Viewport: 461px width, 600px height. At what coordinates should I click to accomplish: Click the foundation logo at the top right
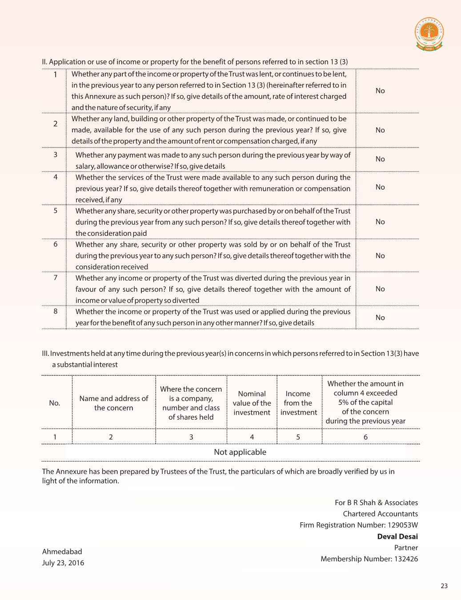point(429,34)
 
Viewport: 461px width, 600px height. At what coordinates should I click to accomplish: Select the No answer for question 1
point(380,91)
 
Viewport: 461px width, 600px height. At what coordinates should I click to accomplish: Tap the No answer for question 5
point(380,222)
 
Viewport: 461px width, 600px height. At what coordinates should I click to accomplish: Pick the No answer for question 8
point(380,318)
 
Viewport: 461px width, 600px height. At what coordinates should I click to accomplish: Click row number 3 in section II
point(56,155)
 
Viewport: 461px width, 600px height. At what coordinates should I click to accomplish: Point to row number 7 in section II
point(56,278)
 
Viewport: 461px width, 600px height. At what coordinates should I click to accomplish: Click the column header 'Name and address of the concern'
point(114,403)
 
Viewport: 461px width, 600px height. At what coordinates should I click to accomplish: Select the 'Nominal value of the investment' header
point(252,403)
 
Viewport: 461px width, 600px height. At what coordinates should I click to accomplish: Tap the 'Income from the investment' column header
point(299,403)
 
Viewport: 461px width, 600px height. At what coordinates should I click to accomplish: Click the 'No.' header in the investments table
point(55,403)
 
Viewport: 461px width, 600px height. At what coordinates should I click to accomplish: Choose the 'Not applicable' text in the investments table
point(240,452)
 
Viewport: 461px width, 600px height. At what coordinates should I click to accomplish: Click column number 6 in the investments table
point(365,437)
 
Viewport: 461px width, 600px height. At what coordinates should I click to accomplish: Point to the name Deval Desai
point(397,536)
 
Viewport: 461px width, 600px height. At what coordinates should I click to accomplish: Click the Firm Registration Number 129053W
point(359,525)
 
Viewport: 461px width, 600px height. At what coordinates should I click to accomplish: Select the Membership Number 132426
point(369,559)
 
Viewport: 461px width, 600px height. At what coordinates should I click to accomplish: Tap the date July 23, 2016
point(63,563)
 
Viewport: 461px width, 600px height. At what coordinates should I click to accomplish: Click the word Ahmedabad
point(62,552)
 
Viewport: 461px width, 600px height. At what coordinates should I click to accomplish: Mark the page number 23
point(444,586)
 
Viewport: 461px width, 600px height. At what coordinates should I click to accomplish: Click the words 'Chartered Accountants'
point(380,514)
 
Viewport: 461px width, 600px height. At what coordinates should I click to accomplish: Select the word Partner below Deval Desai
point(406,548)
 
